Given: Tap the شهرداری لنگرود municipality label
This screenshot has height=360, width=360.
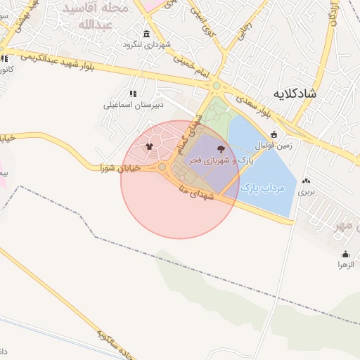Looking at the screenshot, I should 146,45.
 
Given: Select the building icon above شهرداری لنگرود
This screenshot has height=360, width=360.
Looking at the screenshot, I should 146,34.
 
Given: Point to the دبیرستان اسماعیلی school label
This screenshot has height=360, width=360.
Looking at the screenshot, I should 134,105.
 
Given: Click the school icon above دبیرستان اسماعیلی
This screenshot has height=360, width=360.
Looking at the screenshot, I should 133,94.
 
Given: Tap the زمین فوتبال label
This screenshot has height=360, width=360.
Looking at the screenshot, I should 274,146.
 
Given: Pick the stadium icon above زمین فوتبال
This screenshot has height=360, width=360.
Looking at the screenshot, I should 274,134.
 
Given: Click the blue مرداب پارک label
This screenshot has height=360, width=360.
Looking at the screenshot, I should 261,188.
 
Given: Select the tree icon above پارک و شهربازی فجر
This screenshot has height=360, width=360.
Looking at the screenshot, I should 222,148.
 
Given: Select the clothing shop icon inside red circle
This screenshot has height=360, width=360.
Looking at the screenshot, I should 149,147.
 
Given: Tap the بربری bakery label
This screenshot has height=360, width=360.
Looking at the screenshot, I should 305,191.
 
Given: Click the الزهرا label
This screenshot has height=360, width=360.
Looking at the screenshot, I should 345,264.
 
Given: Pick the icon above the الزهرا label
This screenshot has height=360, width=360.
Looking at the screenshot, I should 345,254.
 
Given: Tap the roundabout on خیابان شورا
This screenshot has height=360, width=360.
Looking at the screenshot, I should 162,167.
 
